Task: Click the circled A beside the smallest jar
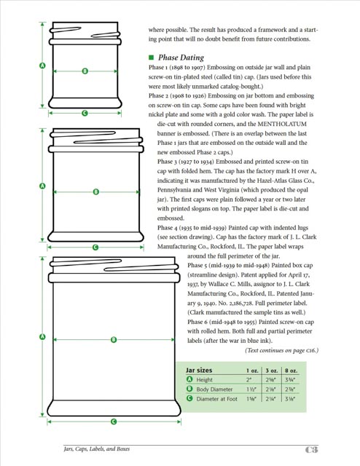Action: (42, 66)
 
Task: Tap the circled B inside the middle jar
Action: (95, 191)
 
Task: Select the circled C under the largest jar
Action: (114, 422)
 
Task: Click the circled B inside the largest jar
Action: (114, 339)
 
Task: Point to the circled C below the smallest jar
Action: (85, 113)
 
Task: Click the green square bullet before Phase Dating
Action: (151, 58)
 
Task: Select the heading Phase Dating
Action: (181, 58)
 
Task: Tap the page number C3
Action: (311, 449)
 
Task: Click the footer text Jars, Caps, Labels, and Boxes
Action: (97, 449)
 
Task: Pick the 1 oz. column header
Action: (252, 371)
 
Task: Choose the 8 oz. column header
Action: (291, 371)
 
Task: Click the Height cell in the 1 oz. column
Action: (249, 379)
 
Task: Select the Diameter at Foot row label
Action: (216, 399)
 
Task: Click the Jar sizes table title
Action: (199, 371)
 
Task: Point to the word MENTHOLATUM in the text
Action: (282, 124)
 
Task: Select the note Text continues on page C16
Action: (281, 350)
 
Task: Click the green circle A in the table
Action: (189, 379)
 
